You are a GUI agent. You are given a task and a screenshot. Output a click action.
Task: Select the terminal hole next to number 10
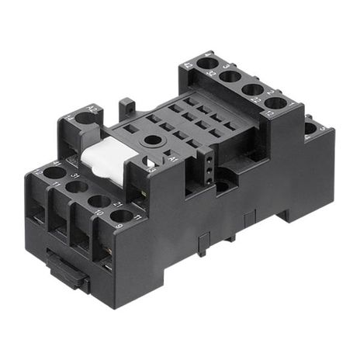coord(99,201)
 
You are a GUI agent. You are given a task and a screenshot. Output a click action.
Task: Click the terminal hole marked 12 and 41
coord(54,172)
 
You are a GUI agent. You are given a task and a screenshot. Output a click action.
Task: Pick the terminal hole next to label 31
coord(77,186)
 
